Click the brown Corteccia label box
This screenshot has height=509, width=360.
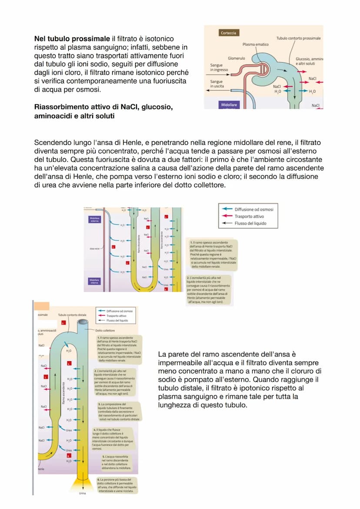[x=229, y=33]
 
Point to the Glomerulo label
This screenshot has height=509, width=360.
[x=237, y=58]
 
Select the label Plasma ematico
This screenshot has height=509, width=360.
[x=256, y=44]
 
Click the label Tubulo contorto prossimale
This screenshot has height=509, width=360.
[x=299, y=38]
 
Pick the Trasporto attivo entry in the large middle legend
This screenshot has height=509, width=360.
[x=249, y=216]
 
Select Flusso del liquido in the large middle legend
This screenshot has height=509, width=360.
[x=250, y=223]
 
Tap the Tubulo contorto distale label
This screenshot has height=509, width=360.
[x=72, y=314]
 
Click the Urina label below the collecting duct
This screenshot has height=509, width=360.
[x=83, y=493]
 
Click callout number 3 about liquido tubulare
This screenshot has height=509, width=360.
[x=119, y=411]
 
